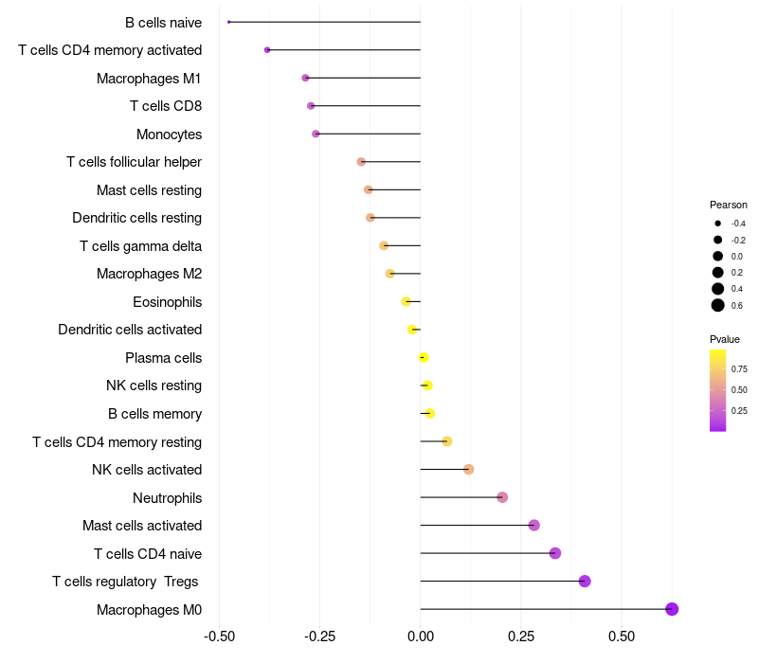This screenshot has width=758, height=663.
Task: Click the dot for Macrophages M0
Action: [672, 609]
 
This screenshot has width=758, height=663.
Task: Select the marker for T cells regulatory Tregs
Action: [585, 582]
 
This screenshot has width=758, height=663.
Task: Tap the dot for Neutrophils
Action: [502, 497]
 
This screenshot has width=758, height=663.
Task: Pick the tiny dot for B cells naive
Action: [229, 22]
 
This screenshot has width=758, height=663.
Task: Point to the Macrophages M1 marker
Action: [305, 78]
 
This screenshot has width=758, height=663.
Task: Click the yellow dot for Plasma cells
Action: [424, 358]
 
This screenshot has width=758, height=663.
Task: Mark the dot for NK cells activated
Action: [468, 470]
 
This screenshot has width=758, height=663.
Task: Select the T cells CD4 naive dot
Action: [555, 553]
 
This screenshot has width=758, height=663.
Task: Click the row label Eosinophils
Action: [167, 302]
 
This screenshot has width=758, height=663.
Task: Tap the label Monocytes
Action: [169, 134]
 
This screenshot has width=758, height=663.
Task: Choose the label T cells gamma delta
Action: [140, 246]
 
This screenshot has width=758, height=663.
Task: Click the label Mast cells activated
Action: [142, 526]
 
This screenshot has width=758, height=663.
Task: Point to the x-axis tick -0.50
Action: [220, 636]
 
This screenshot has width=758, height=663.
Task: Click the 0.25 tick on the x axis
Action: [521, 636]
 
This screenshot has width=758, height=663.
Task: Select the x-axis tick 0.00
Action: [421, 636]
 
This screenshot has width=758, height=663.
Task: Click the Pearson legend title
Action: [729, 205]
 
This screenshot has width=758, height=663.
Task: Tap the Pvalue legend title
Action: [725, 339]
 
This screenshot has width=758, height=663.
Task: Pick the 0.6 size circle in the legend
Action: [718, 305]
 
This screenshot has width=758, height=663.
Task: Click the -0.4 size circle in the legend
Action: [718, 224]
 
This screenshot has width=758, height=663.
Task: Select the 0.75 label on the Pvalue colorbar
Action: [739, 368]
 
